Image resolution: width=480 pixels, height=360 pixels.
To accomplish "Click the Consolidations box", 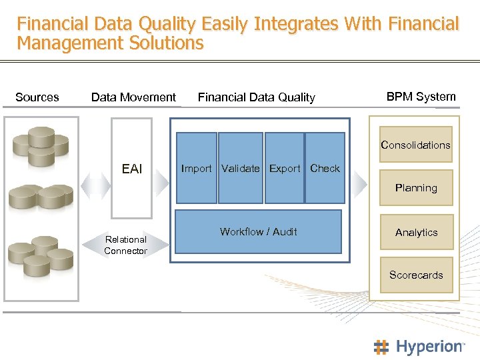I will tap(416, 145).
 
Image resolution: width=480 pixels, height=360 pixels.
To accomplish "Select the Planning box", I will tap(416, 188).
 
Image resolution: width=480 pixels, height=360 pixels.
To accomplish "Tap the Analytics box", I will tap(416, 232).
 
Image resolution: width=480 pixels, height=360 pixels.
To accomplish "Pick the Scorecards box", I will tap(416, 275).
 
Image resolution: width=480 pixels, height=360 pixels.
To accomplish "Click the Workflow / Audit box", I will tap(258, 231).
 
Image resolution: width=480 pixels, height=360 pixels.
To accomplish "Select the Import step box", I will tap(196, 168).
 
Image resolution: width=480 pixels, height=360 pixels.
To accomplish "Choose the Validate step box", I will tap(241, 168).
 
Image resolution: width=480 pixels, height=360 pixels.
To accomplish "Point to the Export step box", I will tap(285, 168).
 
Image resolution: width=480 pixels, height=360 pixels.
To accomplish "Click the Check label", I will tap(325, 168).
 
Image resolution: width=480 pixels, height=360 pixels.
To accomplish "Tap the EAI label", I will tap(132, 169).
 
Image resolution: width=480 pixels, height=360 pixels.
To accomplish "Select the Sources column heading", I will tap(37, 97).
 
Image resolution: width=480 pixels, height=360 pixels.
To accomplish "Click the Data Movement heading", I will tap(133, 97).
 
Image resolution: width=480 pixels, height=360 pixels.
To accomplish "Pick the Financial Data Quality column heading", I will tap(257, 97).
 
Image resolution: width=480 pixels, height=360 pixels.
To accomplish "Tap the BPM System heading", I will tap(421, 97).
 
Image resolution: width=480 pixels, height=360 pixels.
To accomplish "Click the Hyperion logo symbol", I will tap(381, 347).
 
